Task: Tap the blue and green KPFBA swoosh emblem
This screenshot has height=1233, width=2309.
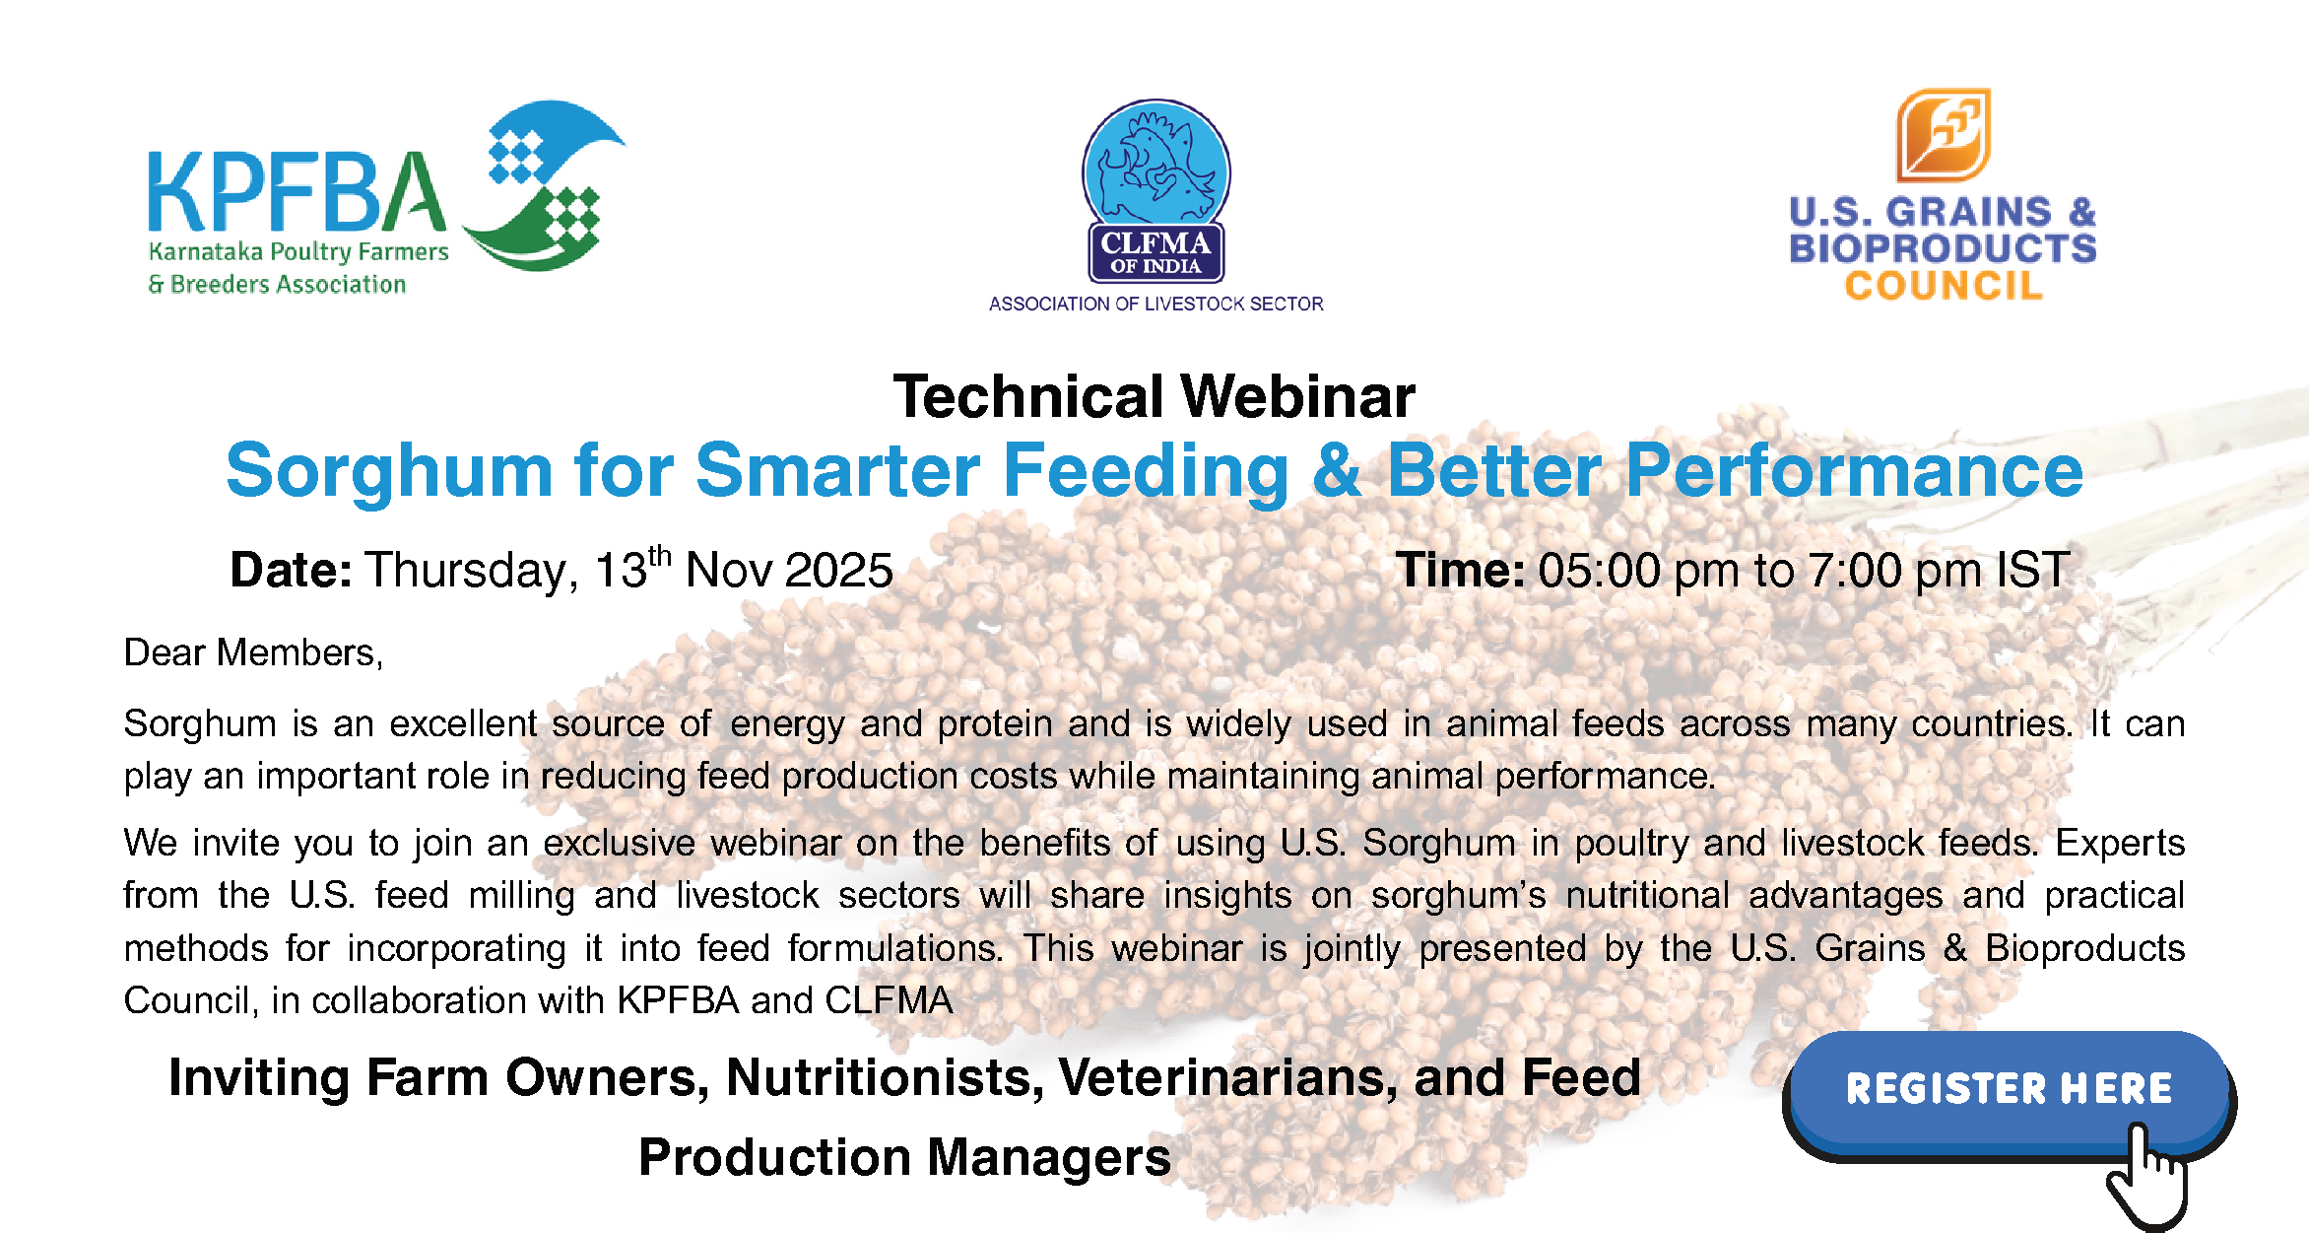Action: (x=544, y=185)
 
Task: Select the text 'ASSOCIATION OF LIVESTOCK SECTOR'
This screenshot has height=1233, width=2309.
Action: (x=1155, y=304)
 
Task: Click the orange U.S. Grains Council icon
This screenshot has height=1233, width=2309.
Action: (x=1944, y=135)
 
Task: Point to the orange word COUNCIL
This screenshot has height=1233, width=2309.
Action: (x=1944, y=286)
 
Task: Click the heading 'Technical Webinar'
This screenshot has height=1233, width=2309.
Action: (x=1154, y=396)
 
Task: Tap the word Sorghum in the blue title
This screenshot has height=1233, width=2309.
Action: (x=389, y=471)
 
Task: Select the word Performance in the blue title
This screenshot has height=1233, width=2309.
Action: (x=1854, y=470)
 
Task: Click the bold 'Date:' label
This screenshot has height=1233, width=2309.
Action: (x=291, y=570)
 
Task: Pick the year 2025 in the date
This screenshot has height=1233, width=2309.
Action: (x=839, y=570)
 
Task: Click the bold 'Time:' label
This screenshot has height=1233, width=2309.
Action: (x=1460, y=570)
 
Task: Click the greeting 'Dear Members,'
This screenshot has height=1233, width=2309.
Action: (x=253, y=652)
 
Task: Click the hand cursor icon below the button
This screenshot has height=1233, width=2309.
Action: (x=2147, y=1176)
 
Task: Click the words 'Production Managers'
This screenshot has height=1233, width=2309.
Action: (x=904, y=1157)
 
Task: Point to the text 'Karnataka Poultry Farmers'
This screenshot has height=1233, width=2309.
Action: (x=298, y=252)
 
